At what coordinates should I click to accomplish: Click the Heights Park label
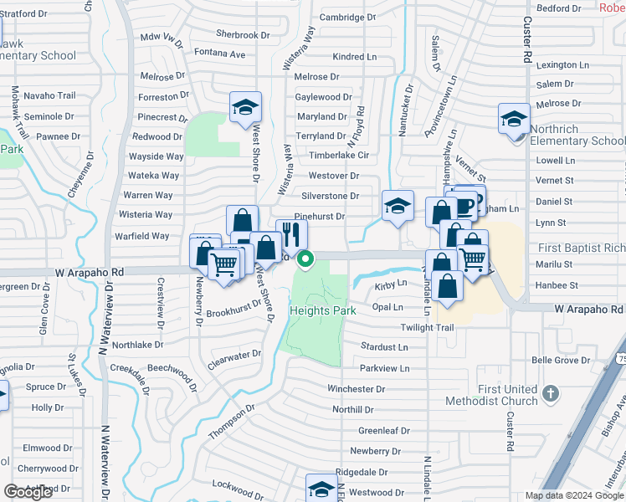(x=323, y=310)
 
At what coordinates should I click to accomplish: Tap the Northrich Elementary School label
(x=577, y=135)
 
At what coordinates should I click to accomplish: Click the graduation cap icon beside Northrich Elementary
(x=513, y=119)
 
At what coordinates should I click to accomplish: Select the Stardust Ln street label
(x=384, y=346)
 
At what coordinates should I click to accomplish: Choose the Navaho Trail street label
(x=49, y=95)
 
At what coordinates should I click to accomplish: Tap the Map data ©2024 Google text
(x=562, y=495)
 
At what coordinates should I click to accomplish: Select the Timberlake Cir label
(x=339, y=155)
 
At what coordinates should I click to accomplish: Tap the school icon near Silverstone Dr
(x=398, y=206)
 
